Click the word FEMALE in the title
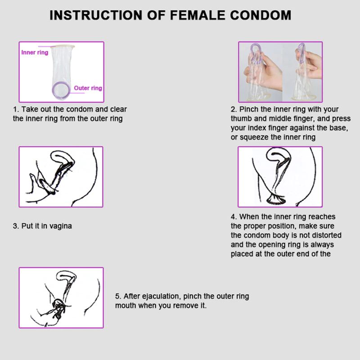tap(198, 15)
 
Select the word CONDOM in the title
tap(261, 15)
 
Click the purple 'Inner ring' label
tap(35, 53)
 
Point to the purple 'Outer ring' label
tap(88, 88)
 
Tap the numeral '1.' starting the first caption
tap(16, 109)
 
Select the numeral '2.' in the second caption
tap(234, 109)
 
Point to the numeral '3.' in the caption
tap(16, 226)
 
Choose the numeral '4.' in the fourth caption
tap(234, 217)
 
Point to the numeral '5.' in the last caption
tap(118, 297)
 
